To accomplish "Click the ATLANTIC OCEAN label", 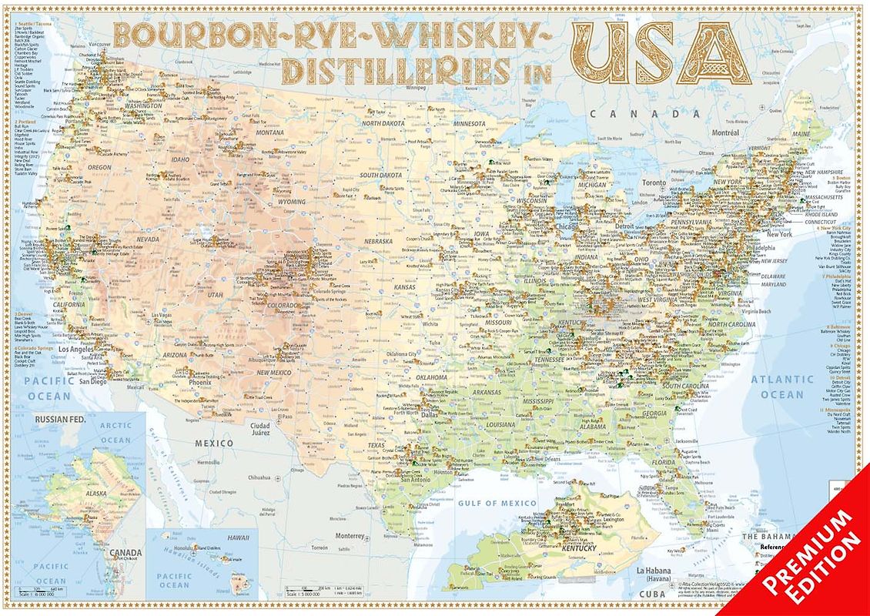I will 781,387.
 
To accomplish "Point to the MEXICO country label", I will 213,444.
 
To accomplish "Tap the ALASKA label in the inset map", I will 96,494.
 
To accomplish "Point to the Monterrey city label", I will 349,536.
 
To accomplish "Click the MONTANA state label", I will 270,132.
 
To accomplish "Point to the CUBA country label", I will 653,594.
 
